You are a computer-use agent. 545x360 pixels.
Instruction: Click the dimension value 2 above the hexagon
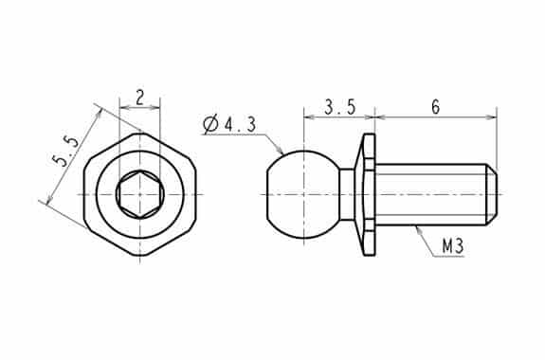pos(139,98)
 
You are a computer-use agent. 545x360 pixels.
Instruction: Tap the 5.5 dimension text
pos(65,151)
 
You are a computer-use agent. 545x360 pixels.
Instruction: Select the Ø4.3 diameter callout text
pos(229,124)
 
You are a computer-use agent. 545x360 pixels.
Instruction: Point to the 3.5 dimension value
pos(340,107)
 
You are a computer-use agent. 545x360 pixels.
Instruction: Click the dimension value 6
pos(435,107)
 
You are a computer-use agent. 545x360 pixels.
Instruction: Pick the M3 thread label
pos(453,246)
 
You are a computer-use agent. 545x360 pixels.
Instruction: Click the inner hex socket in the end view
pos(139,194)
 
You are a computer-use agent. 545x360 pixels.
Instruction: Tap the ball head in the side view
pos(302,194)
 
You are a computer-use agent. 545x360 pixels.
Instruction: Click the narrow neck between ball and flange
pos(347,194)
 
